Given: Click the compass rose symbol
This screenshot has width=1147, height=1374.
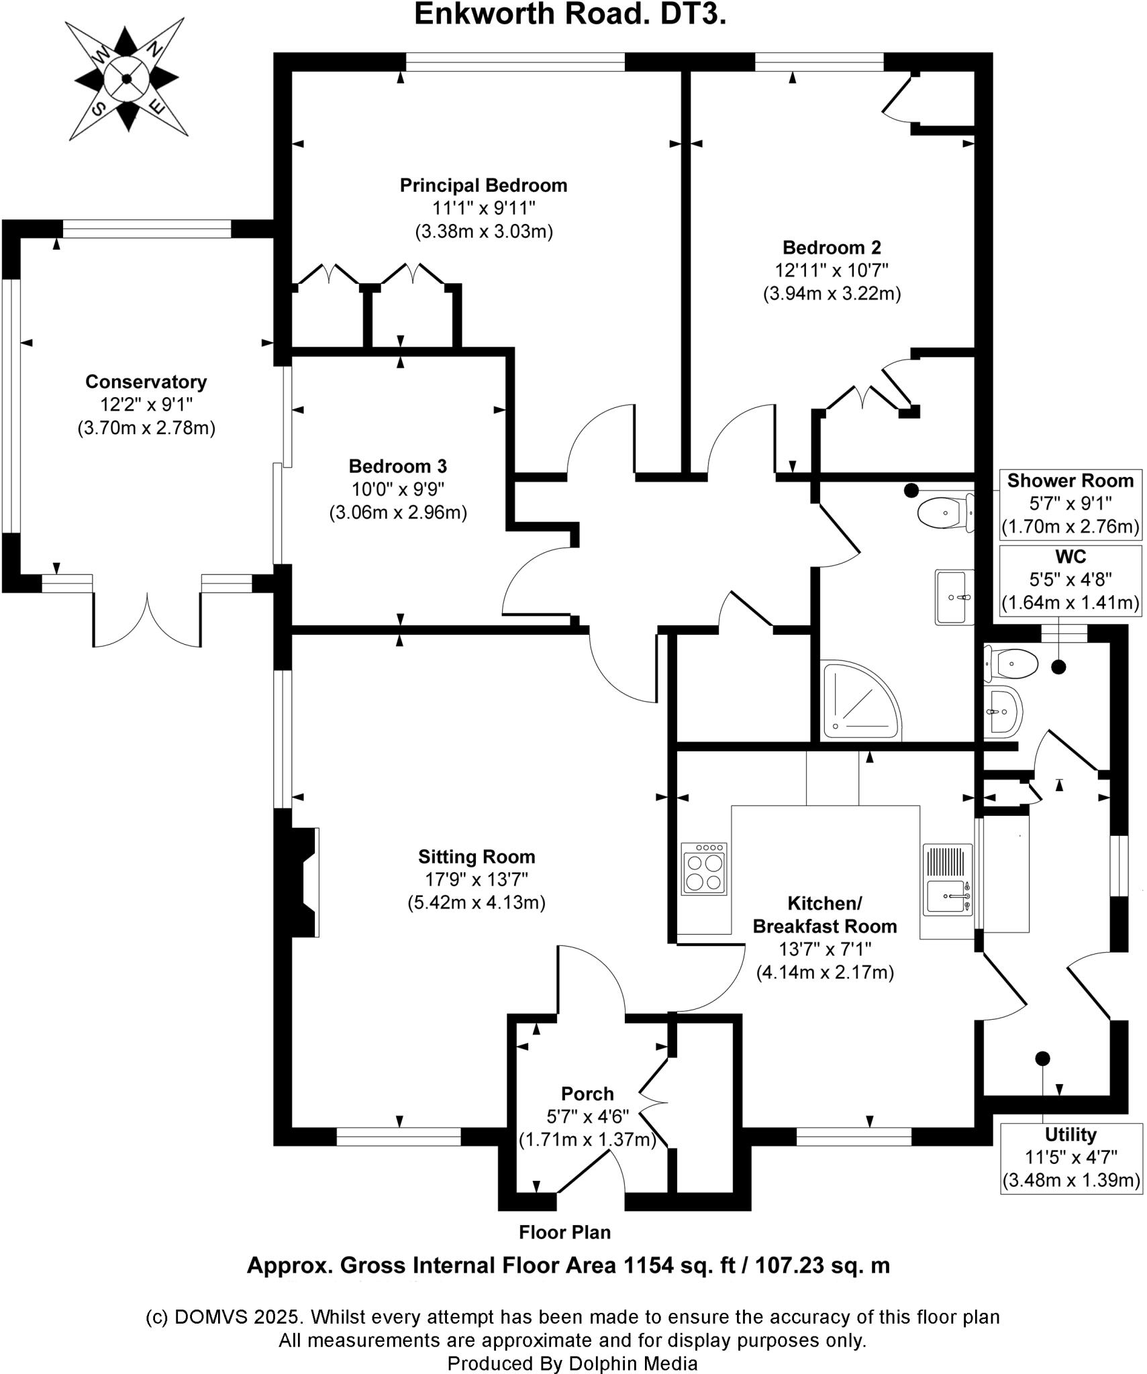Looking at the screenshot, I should (x=126, y=79).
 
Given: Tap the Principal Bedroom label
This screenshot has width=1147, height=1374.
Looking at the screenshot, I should (x=483, y=185).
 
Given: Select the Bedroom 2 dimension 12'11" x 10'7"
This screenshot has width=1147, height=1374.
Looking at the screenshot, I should (x=832, y=270).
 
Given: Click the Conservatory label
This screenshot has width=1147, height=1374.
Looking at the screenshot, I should (x=146, y=382).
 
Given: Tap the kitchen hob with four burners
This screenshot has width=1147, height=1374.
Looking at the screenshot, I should (x=703, y=869).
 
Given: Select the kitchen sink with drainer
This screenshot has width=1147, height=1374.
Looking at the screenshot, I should (x=948, y=879).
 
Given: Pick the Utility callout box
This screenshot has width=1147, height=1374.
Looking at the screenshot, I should (x=1070, y=1157).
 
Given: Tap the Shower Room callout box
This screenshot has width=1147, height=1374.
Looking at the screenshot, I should (x=1070, y=503).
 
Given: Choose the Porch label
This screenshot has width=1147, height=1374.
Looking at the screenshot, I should (x=587, y=1094).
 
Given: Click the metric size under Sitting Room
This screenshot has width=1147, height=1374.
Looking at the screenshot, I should (x=477, y=902).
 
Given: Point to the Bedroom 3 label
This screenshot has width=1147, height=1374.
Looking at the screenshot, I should (x=397, y=466).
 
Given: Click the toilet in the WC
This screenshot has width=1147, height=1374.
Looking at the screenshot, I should (x=1010, y=664).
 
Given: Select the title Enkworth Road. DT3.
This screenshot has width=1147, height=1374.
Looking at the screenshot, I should (x=570, y=15).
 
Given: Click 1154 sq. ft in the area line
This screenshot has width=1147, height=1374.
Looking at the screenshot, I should (x=680, y=1265).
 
